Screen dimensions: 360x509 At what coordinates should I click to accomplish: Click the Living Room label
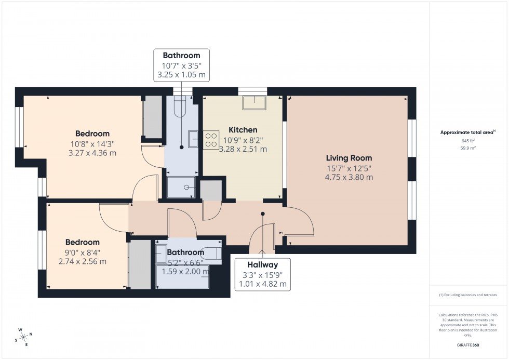point(349,158)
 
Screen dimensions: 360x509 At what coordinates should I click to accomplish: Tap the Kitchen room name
point(243,130)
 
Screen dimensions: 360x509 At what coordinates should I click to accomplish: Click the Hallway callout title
point(262,265)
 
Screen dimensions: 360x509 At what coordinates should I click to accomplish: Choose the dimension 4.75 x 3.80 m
point(349,177)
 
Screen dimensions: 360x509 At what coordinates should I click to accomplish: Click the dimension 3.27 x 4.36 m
point(92,153)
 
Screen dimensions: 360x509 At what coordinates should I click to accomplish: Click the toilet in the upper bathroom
point(179,108)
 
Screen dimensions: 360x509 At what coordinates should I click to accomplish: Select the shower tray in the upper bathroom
point(182,187)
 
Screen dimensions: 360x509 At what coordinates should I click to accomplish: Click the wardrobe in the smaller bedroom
point(139,264)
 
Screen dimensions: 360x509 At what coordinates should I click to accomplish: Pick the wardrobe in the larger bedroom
point(153,117)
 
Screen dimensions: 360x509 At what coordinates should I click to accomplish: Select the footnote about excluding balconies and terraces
point(468,295)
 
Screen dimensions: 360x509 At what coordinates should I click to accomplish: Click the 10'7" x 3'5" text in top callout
point(181,65)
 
